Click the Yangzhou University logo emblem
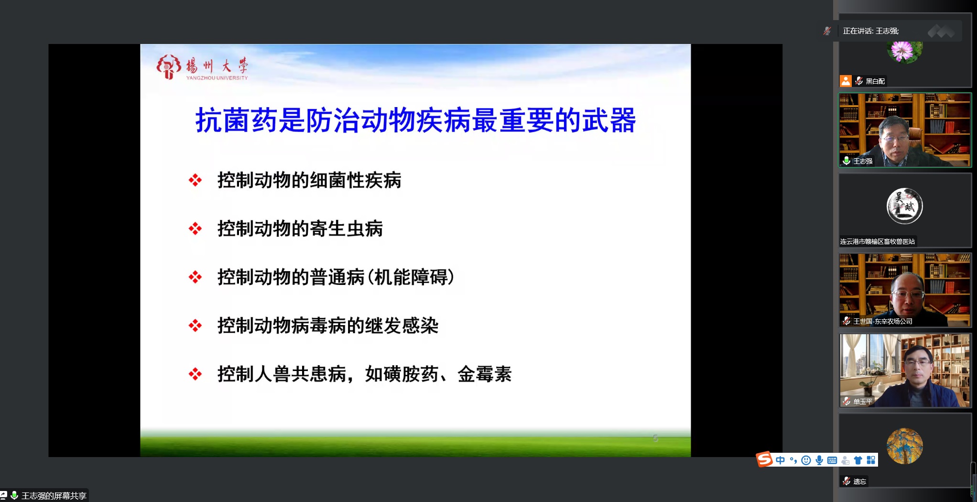168,66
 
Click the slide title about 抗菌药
415,120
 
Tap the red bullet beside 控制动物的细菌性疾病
195,180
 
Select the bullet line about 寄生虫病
300,229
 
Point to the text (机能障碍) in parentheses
410,277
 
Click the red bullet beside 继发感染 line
195,326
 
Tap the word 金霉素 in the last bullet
485,374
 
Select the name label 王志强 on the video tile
863,161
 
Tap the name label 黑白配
875,81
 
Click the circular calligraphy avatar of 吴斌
905,206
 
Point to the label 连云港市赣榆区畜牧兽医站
878,241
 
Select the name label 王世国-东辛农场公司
883,321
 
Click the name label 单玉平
863,402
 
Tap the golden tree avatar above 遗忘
905,446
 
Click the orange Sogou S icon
764,459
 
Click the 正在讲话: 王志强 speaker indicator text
870,31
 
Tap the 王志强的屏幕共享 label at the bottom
54,496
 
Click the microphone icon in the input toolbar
819,460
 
